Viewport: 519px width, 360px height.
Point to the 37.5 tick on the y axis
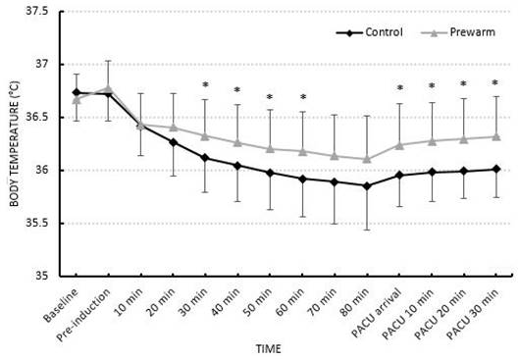(43, 12)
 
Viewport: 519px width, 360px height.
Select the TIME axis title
(284, 348)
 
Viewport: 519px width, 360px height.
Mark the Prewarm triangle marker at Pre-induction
(108, 88)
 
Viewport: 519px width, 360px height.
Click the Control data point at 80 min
(367, 185)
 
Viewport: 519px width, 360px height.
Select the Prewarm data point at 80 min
(367, 159)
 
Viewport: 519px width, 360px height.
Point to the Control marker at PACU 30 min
(496, 169)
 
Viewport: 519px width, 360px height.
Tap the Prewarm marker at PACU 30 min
(496, 136)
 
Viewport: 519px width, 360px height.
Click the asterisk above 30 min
(205, 85)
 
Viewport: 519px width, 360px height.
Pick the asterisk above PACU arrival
(399, 88)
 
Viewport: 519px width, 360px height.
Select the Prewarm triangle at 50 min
(270, 148)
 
